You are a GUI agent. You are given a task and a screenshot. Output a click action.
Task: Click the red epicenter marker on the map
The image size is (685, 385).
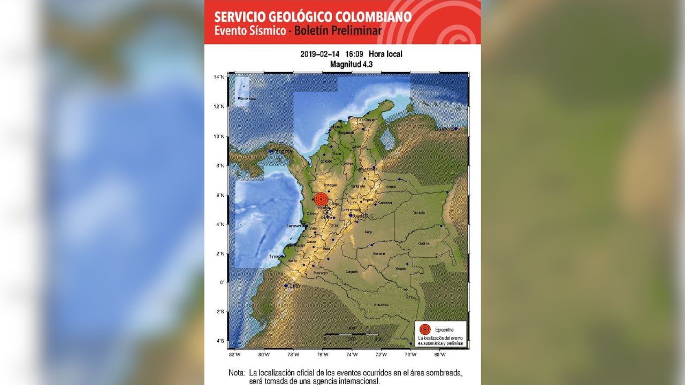click(321, 199)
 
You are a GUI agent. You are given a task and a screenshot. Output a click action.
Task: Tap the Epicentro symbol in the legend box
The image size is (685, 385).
click(425, 329)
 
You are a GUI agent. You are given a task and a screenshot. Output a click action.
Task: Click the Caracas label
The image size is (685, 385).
click(444, 129)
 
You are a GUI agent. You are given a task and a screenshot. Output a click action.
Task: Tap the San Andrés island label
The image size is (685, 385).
click(247, 98)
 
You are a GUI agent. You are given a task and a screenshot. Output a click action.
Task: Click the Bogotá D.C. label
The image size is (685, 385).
click(362, 215)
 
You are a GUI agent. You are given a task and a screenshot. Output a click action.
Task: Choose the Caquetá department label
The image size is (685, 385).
click(352, 272)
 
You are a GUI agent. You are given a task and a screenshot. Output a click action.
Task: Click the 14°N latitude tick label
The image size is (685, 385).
click(218, 77)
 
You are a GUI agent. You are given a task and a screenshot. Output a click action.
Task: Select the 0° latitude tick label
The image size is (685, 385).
click(222, 282)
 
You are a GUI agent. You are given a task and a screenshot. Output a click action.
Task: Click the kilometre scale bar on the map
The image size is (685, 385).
click(352, 334)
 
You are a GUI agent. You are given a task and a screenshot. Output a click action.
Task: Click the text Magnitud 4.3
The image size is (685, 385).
click(351, 64)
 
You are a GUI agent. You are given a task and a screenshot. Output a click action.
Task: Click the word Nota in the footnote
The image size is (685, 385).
click(236, 373)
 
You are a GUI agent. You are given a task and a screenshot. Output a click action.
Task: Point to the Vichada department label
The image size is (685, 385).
click(419, 212)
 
